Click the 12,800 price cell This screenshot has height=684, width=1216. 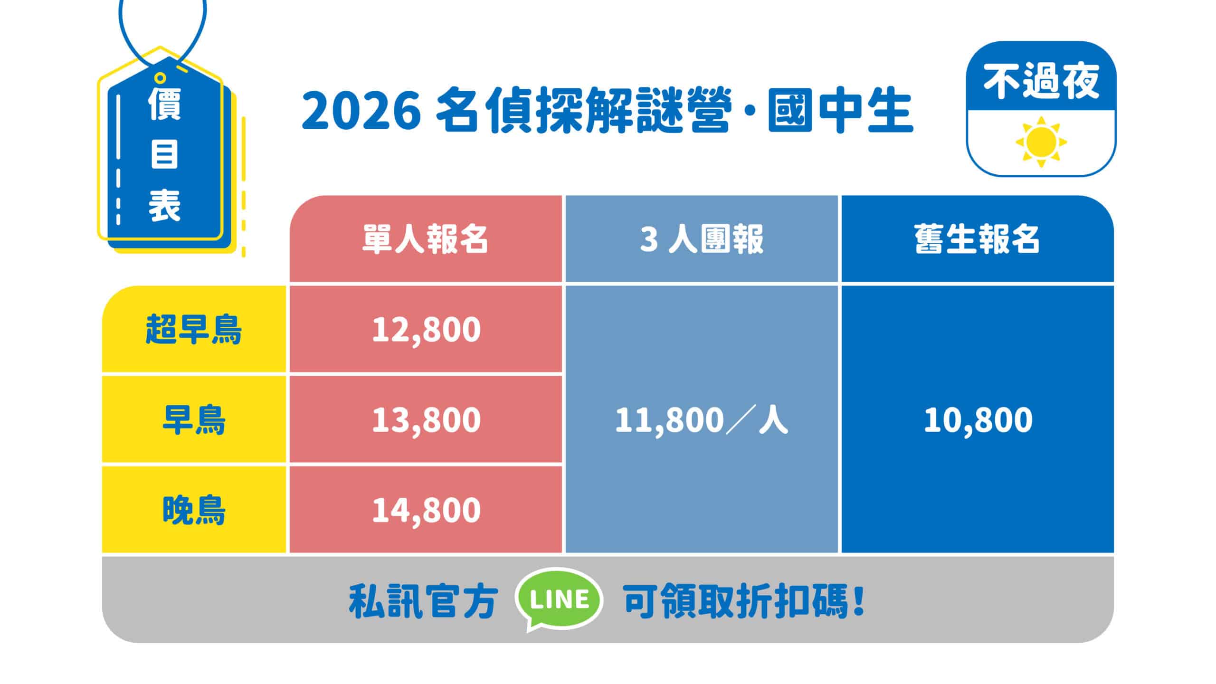(426, 329)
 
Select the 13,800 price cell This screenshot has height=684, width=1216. (426, 419)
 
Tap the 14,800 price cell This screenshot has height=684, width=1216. (426, 510)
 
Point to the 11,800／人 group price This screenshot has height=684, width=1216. (702, 420)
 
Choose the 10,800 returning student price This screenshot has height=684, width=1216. (978, 420)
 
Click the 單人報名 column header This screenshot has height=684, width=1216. (426, 238)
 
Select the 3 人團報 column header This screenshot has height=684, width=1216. (702, 238)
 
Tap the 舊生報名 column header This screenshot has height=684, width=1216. (978, 238)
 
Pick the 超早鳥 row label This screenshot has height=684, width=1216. (194, 329)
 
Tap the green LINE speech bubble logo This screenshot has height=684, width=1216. (559, 599)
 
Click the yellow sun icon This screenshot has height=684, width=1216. (1041, 142)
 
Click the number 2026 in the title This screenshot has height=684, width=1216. (361, 114)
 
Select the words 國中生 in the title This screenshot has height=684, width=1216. (840, 114)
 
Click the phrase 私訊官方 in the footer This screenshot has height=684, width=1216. (423, 601)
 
